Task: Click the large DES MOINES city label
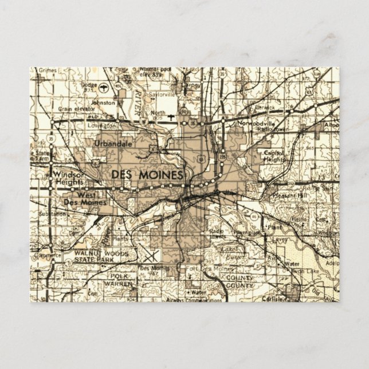(x=148, y=174)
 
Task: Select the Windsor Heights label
(x=68, y=177)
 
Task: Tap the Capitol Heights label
(x=274, y=156)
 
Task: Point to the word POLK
(x=119, y=276)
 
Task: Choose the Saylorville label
(x=157, y=95)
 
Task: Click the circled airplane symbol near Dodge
(x=104, y=88)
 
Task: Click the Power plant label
(x=248, y=233)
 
